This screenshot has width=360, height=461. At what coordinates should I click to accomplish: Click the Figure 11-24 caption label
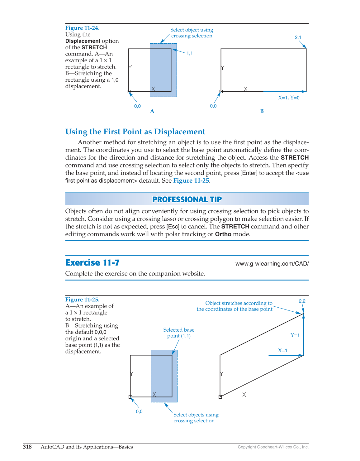coord(82,28)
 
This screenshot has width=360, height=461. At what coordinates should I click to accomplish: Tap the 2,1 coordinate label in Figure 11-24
coord(298,37)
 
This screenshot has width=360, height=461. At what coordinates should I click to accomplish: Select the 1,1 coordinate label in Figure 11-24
coord(190,53)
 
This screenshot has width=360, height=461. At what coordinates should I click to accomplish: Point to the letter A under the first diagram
coord(152,111)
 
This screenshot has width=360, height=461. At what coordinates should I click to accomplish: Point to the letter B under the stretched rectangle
coord(262,111)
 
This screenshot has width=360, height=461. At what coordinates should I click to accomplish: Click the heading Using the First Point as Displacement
coord(135,132)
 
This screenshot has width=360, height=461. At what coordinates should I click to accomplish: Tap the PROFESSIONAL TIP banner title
coord(187,199)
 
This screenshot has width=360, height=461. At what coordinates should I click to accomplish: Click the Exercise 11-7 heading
coord(92,263)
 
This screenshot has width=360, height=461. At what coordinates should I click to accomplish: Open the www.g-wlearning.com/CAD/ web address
coord(272,264)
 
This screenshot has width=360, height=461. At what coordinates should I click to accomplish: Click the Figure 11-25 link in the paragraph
coord(191,181)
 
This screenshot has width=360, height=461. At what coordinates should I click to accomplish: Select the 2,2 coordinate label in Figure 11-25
coord(302,301)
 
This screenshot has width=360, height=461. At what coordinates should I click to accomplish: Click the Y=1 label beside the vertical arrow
coord(295,335)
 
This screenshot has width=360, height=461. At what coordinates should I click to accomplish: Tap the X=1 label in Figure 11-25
coord(282,351)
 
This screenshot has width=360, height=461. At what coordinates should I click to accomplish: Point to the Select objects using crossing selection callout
coord(196,418)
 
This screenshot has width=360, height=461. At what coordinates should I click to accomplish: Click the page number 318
coord(27,447)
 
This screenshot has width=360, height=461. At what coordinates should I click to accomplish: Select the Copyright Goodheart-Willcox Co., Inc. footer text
coord(273,447)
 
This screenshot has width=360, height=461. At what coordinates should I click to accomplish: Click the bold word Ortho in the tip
coord(223,234)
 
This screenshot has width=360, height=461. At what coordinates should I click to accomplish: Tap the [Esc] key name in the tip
coord(173,227)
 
